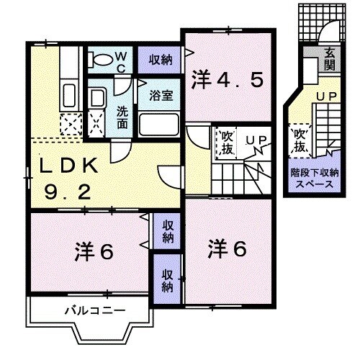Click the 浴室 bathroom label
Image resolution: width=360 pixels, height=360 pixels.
coord(159,94)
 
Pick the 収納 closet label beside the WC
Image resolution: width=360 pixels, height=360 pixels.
coord(161,59)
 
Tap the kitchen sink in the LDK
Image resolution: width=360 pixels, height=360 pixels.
coord(70,94)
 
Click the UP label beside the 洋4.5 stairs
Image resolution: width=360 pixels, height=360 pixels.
coord(254,140)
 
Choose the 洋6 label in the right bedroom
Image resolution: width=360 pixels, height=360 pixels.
coord(228,249)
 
